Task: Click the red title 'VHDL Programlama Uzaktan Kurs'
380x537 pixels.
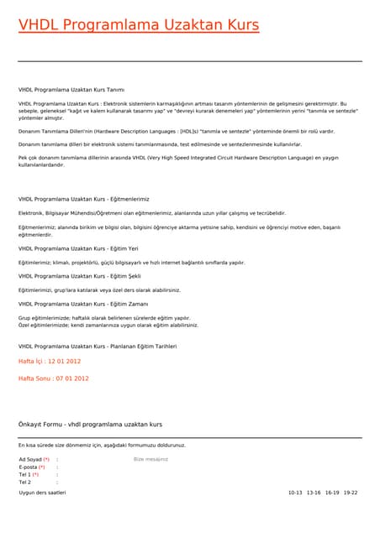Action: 139,25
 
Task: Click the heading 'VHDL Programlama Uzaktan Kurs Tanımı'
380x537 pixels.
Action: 71,89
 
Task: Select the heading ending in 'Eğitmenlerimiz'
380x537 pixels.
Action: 83,199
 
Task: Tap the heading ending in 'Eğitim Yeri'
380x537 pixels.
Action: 79,248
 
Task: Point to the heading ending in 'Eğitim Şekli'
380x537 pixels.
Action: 80,276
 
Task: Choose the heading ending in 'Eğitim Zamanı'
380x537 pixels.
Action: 83,304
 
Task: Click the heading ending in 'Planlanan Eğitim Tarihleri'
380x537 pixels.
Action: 98,346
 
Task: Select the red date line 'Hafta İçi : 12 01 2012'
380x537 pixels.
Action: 50,361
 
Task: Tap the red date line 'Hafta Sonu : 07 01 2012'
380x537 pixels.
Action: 53,378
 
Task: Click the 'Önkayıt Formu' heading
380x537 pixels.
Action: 90,425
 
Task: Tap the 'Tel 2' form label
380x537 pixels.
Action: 24,482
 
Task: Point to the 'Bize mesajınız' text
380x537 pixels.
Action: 150,460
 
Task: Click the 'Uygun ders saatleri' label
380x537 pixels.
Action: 42,493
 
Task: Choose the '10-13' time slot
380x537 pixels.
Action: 294,493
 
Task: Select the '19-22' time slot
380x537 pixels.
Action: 351,493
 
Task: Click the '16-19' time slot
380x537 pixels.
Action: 332,493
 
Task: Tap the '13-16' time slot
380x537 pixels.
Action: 314,493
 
